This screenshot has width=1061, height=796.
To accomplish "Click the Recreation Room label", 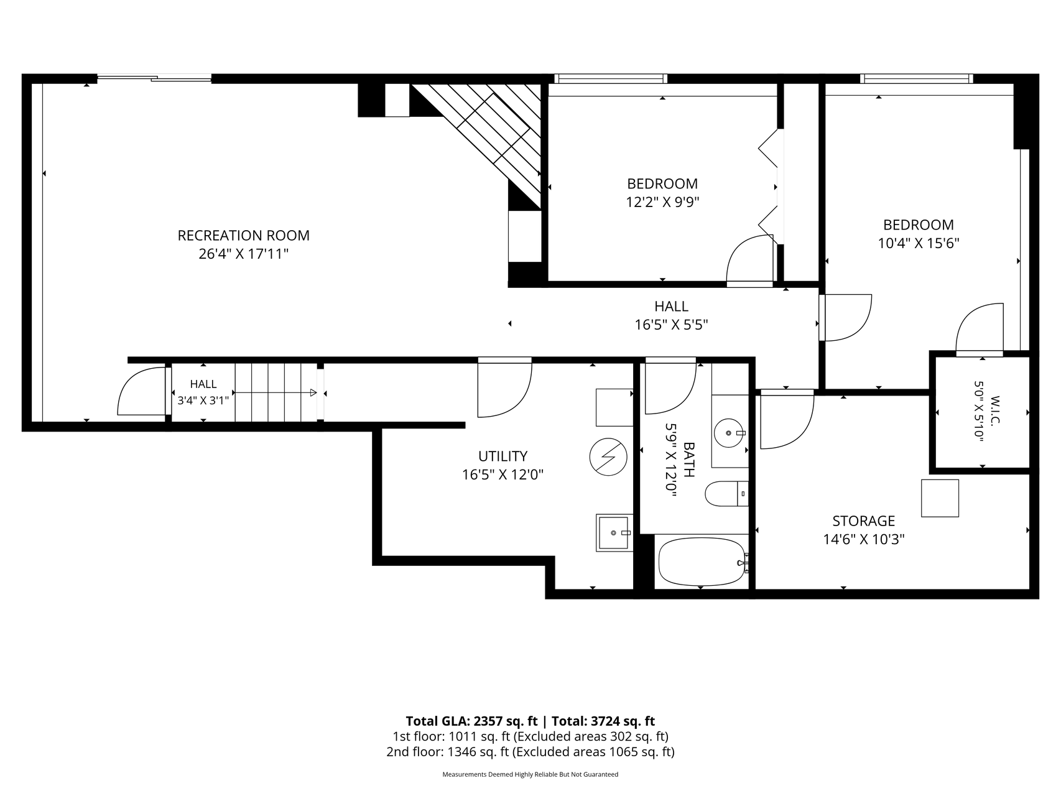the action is [x=244, y=236].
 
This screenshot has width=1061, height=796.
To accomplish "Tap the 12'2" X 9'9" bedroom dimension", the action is [x=662, y=202].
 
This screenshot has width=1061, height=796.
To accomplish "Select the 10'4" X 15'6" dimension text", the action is [x=919, y=243].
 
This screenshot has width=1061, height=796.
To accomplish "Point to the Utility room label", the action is [x=503, y=456].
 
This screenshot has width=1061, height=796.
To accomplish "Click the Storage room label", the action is [x=864, y=521].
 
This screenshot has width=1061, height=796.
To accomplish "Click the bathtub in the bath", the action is [x=702, y=562].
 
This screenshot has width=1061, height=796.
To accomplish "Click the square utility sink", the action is [x=614, y=532].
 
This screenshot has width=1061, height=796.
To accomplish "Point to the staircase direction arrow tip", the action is [x=315, y=392].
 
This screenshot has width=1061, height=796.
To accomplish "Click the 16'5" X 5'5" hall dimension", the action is [x=671, y=325].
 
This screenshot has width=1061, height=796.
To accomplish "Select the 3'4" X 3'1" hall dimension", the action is [x=203, y=400].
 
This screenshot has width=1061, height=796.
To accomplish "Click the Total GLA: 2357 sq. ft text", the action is [x=471, y=721].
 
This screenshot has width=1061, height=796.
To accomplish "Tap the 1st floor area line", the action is [x=530, y=737].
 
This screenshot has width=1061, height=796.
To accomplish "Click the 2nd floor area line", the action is [x=530, y=752].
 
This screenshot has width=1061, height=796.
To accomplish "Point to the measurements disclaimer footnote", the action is [x=530, y=774].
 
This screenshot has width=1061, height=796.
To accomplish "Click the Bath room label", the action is [x=689, y=460].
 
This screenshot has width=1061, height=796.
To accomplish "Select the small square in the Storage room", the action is [x=940, y=497].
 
